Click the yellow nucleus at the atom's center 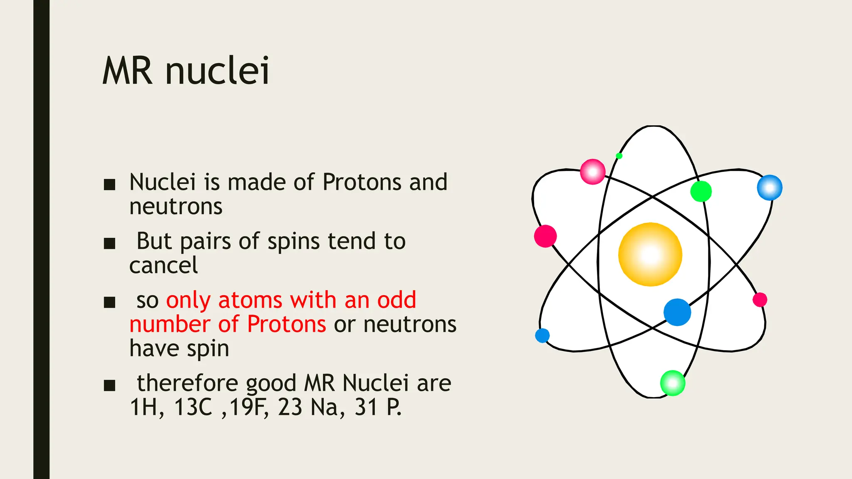(650, 254)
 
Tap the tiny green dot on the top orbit (619, 156)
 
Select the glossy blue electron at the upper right (770, 188)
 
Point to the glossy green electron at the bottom (673, 383)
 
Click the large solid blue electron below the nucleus (677, 312)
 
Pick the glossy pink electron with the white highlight (593, 171)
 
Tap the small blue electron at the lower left (542, 335)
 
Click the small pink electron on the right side (760, 299)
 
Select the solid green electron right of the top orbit (701, 191)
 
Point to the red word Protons (287, 324)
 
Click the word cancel (163, 265)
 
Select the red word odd (396, 300)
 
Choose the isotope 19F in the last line (248, 407)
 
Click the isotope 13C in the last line (193, 407)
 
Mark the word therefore (187, 383)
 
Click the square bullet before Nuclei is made (109, 184)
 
